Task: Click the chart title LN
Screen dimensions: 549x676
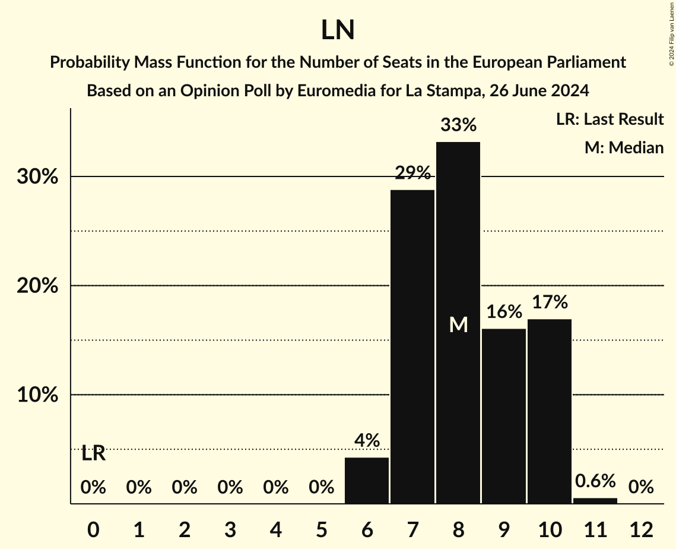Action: tap(338, 31)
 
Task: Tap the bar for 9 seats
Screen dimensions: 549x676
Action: tap(504, 416)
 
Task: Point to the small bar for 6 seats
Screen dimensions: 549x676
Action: tap(367, 481)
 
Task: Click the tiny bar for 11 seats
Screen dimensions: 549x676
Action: tap(595, 501)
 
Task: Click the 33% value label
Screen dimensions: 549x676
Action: tap(458, 125)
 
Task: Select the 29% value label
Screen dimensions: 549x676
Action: tap(412, 173)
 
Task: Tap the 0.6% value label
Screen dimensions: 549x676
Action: tap(595, 481)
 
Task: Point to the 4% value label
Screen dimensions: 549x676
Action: tap(367, 440)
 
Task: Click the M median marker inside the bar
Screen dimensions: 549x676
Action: tap(458, 324)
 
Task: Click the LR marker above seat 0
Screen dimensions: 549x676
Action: tap(93, 453)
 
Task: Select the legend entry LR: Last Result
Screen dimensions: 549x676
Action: tap(610, 119)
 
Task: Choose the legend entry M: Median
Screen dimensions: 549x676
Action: tap(624, 147)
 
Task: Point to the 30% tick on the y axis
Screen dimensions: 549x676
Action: tap(37, 177)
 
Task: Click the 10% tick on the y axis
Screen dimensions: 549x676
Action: tap(37, 395)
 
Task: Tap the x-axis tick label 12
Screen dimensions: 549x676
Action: tap(641, 529)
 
